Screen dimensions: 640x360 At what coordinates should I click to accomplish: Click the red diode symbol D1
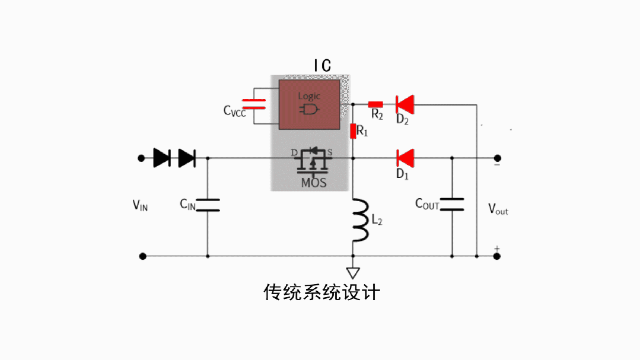[406, 158]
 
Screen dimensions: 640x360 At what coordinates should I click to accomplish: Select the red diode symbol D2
[405, 104]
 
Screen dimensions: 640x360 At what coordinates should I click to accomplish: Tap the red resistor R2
[375, 104]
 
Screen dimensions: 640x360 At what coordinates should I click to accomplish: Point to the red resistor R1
[353, 132]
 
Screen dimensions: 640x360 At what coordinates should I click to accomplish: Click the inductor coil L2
[361, 221]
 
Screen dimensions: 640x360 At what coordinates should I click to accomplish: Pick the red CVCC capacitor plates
[254, 104]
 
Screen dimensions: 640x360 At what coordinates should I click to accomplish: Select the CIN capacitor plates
[208, 205]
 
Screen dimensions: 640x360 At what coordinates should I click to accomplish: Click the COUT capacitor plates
[452, 204]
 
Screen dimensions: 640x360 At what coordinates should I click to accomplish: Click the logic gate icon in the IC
[309, 109]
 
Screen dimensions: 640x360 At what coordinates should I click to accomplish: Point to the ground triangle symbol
[353, 273]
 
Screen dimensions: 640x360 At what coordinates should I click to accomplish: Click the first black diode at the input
[162, 158]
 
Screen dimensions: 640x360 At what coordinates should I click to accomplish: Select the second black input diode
[187, 158]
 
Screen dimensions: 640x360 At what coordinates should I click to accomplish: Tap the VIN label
[140, 205]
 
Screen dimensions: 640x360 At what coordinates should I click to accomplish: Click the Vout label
[498, 209]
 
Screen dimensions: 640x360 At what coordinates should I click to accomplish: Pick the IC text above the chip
[323, 65]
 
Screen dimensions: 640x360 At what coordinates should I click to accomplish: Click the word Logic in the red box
[309, 96]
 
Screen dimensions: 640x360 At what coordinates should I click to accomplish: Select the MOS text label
[314, 183]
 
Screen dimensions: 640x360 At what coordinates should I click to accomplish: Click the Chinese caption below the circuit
[321, 292]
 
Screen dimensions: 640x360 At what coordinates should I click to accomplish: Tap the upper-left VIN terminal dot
[141, 158]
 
